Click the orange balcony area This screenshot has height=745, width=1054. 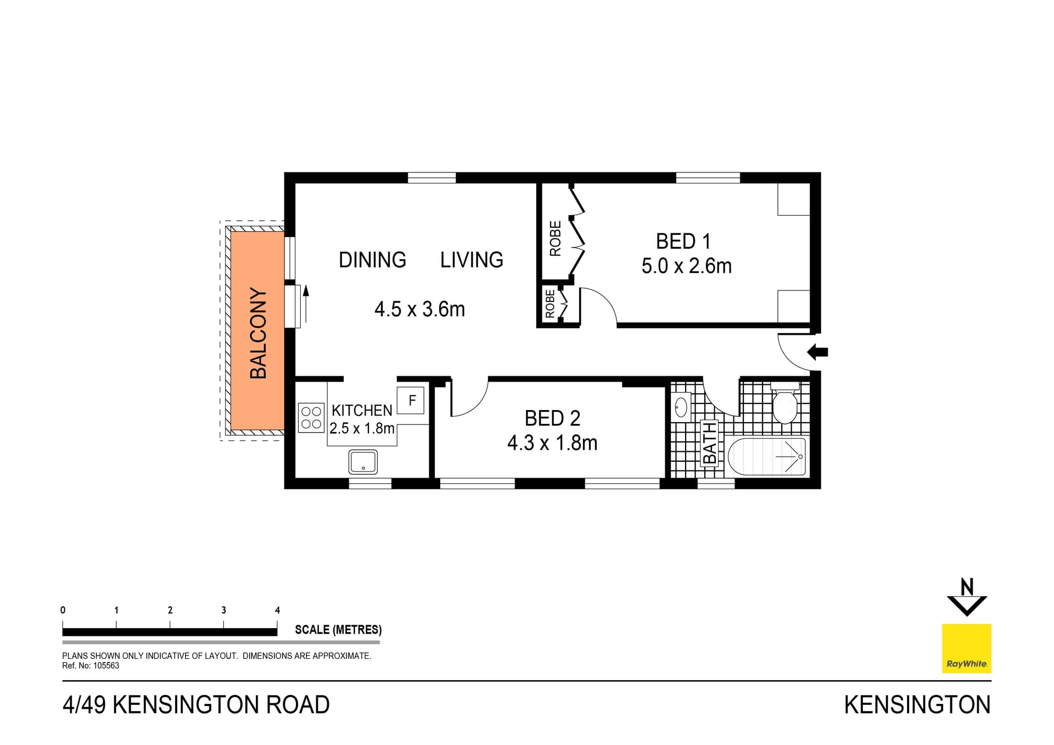257,331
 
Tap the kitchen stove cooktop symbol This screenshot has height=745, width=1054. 311,417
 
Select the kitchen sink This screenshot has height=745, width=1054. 363,462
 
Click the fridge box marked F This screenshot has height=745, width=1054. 412,400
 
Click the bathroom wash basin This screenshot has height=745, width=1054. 681,407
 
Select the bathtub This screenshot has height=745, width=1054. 766,456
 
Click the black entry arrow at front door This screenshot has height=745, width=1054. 817,352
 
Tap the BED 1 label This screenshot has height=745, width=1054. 683,242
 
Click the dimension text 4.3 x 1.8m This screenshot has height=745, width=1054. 552,442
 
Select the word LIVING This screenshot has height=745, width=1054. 472,260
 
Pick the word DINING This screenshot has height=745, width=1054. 372,260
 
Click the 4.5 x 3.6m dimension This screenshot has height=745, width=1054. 419,309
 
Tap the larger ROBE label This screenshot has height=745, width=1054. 556,238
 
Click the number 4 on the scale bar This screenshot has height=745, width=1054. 277,610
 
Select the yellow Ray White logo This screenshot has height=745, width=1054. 966,648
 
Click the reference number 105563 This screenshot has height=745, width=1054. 105,665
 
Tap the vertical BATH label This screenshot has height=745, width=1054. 709,443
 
